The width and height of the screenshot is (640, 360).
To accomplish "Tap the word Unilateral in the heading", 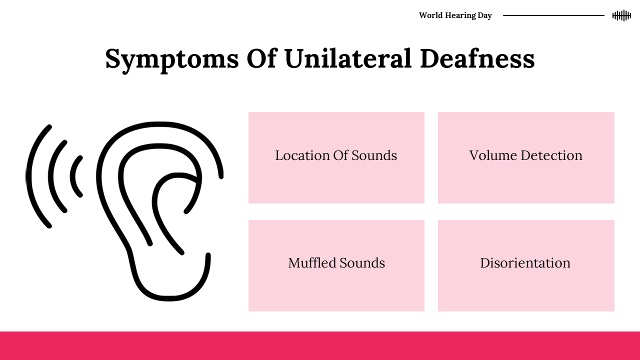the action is pos(348,58).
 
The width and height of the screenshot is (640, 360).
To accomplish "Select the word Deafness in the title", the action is pos(477,58).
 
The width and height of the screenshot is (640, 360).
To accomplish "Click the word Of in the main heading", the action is pos(262,58).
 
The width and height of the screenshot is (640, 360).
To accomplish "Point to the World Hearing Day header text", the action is pos(455,15).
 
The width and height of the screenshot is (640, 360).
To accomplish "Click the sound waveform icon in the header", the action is pos(621,15).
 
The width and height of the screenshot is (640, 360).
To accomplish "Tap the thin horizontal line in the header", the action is pos(553,15).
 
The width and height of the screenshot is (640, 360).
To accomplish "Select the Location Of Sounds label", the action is pos(336,155).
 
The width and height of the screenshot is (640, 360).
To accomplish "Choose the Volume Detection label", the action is pos(525,155).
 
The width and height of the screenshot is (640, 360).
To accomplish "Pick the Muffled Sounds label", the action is pos(336,263).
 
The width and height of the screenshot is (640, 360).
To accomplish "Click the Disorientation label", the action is pos(525,263).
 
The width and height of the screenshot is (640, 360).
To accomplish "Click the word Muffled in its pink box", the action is pos(312,263).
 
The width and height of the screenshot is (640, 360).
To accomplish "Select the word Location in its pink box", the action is pos(302,155).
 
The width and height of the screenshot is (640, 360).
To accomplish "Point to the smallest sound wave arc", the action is pos(72,176).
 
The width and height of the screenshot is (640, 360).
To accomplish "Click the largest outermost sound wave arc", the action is pos(28,176).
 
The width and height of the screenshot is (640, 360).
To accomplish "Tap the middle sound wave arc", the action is pos(50,176).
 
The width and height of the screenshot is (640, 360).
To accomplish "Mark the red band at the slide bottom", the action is pos(320,345).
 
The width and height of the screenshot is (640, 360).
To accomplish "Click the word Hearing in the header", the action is pos(460,15).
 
